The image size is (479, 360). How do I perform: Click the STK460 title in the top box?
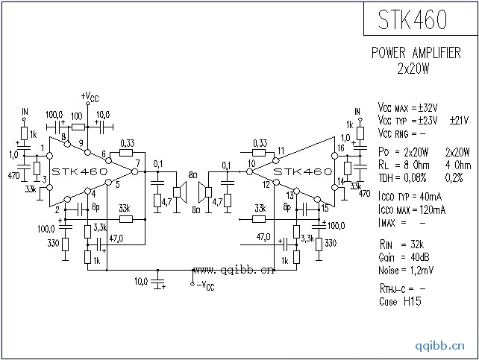tap(420, 19)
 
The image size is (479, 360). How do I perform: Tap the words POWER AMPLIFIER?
tap(416, 54)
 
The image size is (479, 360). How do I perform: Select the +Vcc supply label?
tap(89, 97)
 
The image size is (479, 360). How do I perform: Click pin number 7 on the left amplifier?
tap(137, 163)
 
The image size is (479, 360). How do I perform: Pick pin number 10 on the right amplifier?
tap(251, 163)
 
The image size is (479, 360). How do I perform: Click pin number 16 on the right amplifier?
tap(340, 148)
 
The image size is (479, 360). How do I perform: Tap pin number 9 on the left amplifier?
tap(81, 142)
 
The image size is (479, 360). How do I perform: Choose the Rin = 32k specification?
tap(407, 244)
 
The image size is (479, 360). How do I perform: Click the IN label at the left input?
tap(24, 113)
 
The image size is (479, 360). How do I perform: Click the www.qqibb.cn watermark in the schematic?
tap(234, 270)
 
